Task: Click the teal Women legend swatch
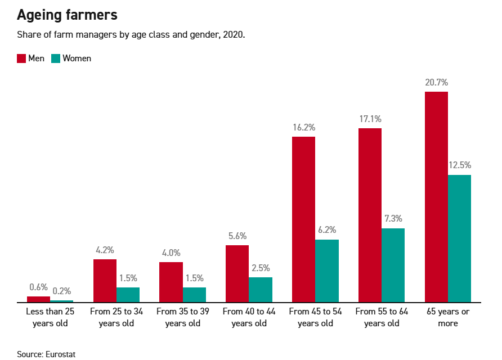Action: click(x=56, y=58)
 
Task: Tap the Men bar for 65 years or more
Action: click(x=436, y=197)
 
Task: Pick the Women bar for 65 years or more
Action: click(x=459, y=238)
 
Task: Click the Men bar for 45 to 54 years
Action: click(x=303, y=219)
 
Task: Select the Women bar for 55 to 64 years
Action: click(x=393, y=265)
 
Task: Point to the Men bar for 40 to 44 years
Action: click(x=237, y=273)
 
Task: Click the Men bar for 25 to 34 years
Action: click(x=105, y=281)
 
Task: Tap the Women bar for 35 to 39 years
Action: click(x=194, y=295)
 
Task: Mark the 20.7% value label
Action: click(x=436, y=82)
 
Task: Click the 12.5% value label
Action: click(x=459, y=165)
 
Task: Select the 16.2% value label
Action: click(x=303, y=127)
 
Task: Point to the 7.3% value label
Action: click(x=393, y=219)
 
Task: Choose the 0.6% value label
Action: click(x=38, y=287)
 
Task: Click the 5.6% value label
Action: click(x=237, y=236)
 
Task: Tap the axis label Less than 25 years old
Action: click(x=50, y=317)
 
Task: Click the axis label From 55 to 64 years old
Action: click(x=382, y=317)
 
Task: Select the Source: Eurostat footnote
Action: click(x=46, y=354)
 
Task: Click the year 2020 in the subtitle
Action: click(x=234, y=35)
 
